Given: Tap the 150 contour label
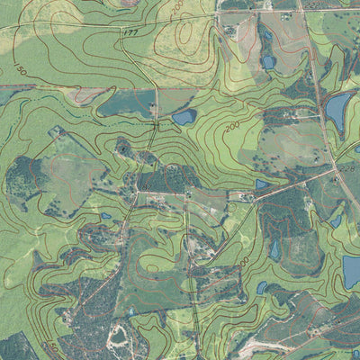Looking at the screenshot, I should coord(20,70).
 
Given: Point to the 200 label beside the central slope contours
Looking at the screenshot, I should coord(233,127).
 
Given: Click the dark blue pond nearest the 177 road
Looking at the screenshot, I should coord(184,117).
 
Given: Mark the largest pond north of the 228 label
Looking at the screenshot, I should coord(337,111).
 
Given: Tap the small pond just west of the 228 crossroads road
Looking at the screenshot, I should coord(262,184).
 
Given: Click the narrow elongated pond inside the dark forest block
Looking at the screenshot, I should coord(274,249).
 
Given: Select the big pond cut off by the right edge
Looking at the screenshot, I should coord(351,271).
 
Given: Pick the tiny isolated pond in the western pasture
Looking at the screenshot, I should coord(106,216).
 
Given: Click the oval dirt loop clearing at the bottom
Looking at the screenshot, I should coord(117,337).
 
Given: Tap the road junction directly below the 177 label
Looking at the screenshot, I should coord(156,88).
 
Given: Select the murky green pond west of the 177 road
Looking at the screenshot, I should coord(126,104).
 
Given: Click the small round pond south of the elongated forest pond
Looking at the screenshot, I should coord(262,288).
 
